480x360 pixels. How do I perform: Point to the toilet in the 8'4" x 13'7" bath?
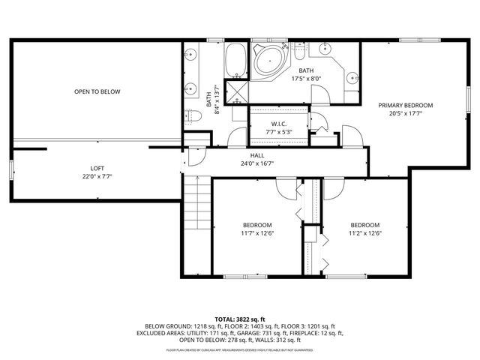click(188, 114)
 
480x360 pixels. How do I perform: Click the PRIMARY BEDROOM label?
click(406, 106)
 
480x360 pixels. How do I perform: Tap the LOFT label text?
click(97, 168)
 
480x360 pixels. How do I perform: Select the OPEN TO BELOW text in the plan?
click(97, 91)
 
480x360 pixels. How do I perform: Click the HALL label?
click(256, 155)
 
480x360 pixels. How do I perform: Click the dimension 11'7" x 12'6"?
click(257, 233)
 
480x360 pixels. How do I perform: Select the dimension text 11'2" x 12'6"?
click(365, 233)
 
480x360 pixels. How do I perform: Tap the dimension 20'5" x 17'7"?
click(406, 114)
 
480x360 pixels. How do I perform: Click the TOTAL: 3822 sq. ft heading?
click(239, 319)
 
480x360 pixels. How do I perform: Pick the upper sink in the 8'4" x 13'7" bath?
click(190, 55)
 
